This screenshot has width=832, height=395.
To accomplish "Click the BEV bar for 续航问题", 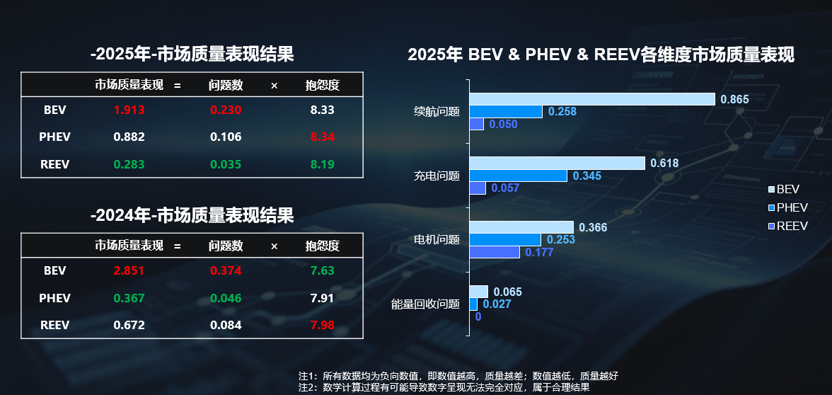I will pyautogui.click(x=591, y=99).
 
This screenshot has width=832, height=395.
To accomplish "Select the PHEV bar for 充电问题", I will pyautogui.click(x=518, y=176).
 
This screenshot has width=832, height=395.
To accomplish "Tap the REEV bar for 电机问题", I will pyautogui.click(x=494, y=252).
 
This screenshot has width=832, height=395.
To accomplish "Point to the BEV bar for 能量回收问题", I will pyautogui.click(x=478, y=292).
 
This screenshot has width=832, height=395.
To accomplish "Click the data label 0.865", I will pyautogui.click(x=734, y=100).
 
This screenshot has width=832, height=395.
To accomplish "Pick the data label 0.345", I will pyautogui.click(x=587, y=176).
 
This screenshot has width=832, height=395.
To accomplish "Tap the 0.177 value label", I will pyautogui.click(x=539, y=253).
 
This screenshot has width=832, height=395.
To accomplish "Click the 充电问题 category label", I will pyautogui.click(x=437, y=176).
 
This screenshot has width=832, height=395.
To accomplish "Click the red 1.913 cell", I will pyautogui.click(x=129, y=110).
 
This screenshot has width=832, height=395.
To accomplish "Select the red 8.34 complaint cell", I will pyautogui.click(x=322, y=137).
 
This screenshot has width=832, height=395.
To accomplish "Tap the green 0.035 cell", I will pyautogui.click(x=225, y=164).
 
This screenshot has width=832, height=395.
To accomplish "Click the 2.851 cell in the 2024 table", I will pyautogui.click(x=129, y=270).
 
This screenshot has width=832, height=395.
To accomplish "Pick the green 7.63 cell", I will pyautogui.click(x=322, y=270).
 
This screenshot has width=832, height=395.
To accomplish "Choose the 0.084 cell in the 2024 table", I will pyautogui.click(x=225, y=325).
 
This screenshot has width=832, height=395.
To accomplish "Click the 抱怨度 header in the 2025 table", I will pyautogui.click(x=322, y=86).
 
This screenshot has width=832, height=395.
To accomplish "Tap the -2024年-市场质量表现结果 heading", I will pyautogui.click(x=192, y=215).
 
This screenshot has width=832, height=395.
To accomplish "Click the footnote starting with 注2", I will pyautogui.click(x=444, y=388).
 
